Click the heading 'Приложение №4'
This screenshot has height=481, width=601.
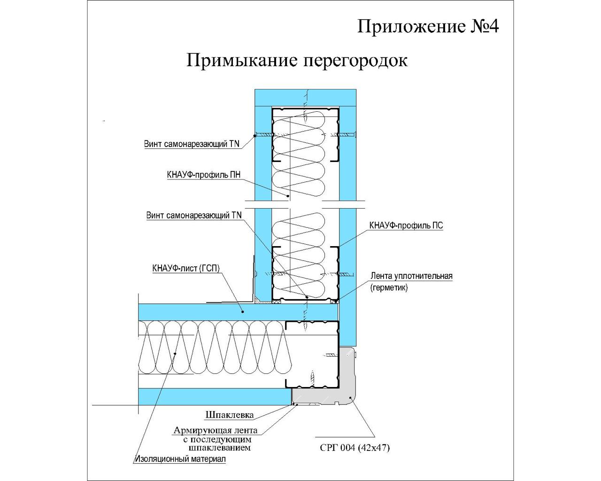pyautogui.click(x=428, y=27)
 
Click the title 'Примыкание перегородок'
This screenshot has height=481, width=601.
pyautogui.click(x=297, y=60)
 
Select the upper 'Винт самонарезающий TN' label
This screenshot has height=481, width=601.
pyautogui.click(x=192, y=144)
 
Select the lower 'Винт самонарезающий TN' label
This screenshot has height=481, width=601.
pyautogui.click(x=194, y=215)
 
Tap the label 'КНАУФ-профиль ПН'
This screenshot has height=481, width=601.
pyautogui.click(x=204, y=175)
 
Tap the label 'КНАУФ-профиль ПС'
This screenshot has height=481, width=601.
pyautogui.click(x=406, y=225)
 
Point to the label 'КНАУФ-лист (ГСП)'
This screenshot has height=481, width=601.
pyautogui.click(x=186, y=268)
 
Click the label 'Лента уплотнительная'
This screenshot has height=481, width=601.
pyautogui.click(x=411, y=276)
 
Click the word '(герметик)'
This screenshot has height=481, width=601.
pyautogui.click(x=389, y=287)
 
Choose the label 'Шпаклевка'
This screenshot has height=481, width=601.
pyautogui.click(x=230, y=415)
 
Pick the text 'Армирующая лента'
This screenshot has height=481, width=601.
pyautogui.click(x=216, y=430)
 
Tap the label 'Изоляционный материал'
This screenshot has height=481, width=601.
pyautogui.click(x=180, y=459)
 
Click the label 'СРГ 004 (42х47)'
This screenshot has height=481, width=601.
pyautogui.click(x=354, y=448)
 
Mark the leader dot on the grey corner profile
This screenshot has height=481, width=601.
pyautogui.click(x=350, y=397)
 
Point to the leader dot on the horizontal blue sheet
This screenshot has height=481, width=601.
pyautogui.click(x=243, y=311)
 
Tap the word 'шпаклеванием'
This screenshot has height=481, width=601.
pyautogui.click(x=220, y=448)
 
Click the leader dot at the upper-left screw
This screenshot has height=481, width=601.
pyautogui.click(x=254, y=136)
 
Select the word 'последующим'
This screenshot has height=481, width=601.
pyautogui.click(x=221, y=440)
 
